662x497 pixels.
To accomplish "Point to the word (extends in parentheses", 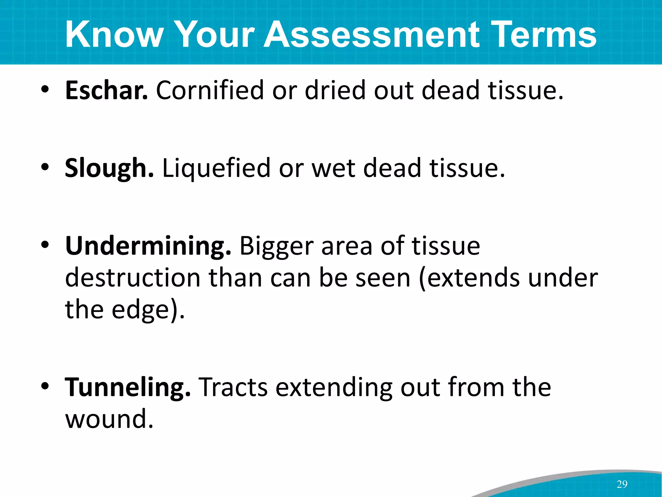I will (x=469, y=278).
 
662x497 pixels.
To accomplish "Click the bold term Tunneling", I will (x=128, y=388).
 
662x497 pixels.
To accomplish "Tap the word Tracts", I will (x=233, y=387).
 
